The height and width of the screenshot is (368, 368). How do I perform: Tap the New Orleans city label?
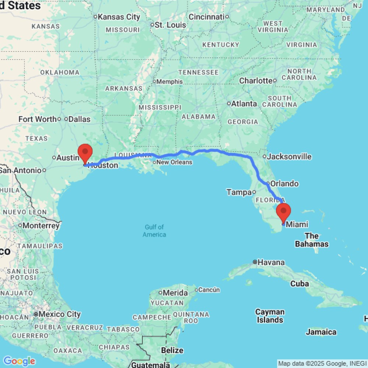coord(175,162)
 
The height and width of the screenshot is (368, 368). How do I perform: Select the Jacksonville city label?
coord(289,156)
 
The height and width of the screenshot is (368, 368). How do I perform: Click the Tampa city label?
coord(238,192)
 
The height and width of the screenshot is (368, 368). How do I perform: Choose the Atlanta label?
coord(244,104)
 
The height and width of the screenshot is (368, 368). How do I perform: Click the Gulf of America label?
coord(154,231)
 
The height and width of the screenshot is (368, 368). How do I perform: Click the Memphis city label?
coord(170,81)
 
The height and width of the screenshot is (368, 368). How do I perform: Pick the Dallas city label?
coord(79,119)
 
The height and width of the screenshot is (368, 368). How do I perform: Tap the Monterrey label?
coord(41,225)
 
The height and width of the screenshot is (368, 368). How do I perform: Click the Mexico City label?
coord(59,314)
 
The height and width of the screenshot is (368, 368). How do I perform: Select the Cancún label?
coord(209,290)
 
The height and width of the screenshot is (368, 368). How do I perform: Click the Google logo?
coord(19,361)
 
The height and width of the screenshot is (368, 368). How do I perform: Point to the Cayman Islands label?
coord(270,316)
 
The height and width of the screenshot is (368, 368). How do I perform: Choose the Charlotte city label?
coord(256,81)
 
